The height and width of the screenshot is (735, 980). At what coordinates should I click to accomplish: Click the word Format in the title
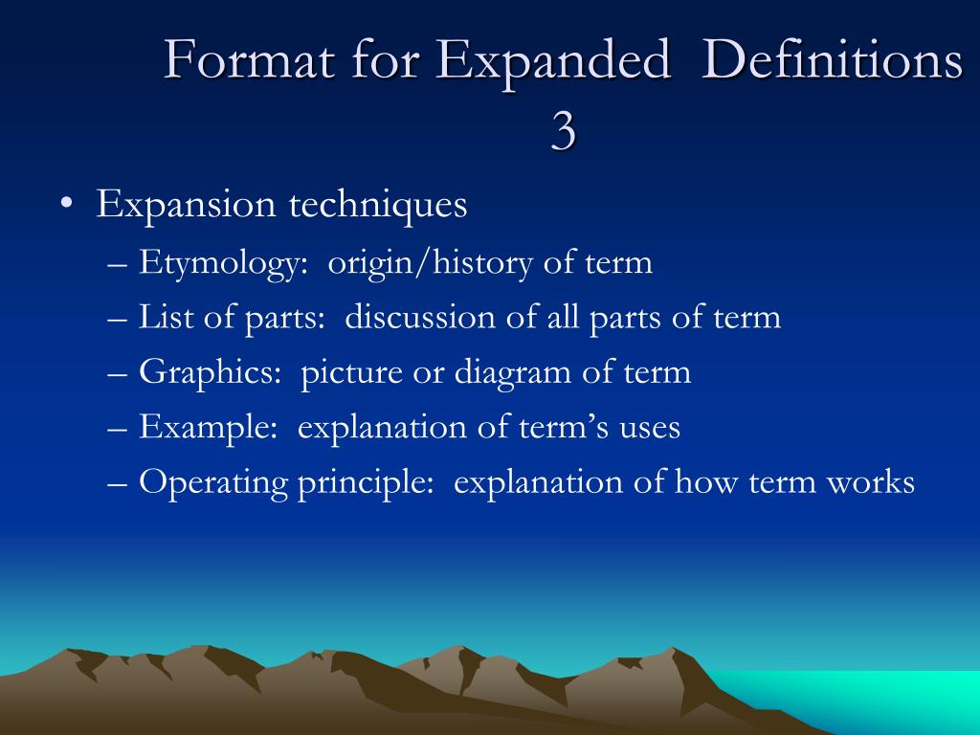[x=251, y=61]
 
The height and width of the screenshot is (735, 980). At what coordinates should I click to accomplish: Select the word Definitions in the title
[x=832, y=61]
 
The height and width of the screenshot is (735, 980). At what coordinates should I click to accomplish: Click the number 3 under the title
[x=564, y=132]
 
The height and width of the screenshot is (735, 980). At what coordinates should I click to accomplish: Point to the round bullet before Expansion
[x=65, y=207]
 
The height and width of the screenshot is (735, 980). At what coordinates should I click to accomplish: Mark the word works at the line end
[x=870, y=482]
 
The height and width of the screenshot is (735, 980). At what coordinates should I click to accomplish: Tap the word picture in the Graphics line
[x=351, y=372]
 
